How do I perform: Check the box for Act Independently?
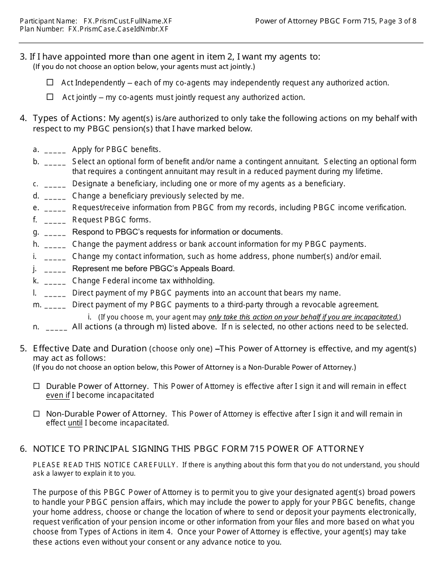point(50,83)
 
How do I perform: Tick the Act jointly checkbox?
point(50,97)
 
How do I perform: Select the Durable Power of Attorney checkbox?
point(37,387)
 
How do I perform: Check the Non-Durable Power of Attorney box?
point(37,414)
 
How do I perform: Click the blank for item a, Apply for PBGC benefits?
point(55,150)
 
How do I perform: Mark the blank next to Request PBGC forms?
point(55,220)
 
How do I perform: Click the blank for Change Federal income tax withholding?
point(55,281)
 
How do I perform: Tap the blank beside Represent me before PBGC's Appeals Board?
point(55,269)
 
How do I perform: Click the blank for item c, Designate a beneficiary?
point(55,184)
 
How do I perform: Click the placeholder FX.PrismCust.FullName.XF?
point(124,21)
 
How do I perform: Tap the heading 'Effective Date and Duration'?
point(89,349)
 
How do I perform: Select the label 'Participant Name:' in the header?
point(49,21)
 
